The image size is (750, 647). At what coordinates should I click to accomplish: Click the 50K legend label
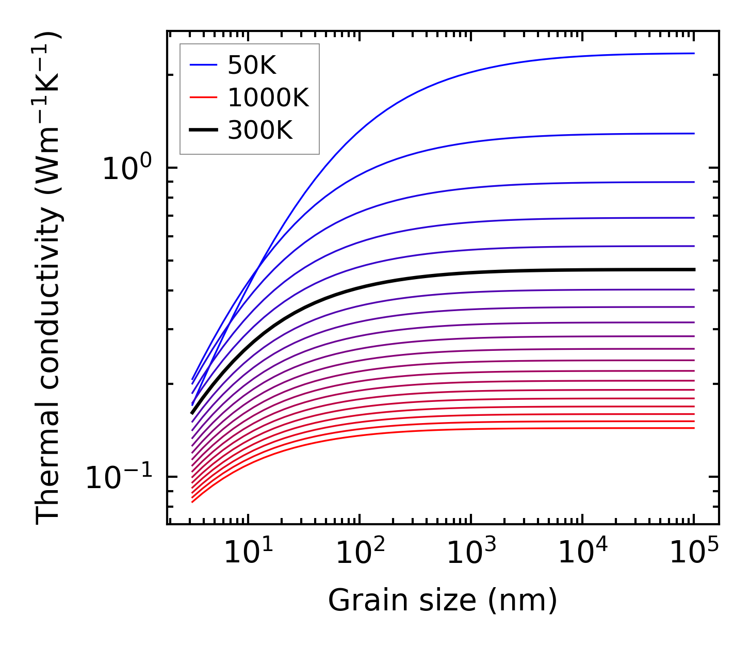click(x=252, y=65)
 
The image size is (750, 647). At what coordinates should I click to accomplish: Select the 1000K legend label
click(x=268, y=98)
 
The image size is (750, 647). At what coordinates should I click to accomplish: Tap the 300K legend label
click(x=259, y=131)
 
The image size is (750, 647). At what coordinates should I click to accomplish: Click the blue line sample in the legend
click(x=204, y=65)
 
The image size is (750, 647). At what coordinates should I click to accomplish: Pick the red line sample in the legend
click(x=204, y=98)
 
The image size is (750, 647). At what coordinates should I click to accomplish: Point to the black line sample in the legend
click(x=204, y=131)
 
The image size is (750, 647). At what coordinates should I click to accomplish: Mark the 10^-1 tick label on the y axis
click(x=119, y=477)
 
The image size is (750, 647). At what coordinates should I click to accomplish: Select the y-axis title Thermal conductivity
click(x=50, y=279)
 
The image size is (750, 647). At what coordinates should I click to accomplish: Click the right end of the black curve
click(x=694, y=269)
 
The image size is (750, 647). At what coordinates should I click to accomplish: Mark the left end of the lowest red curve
click(x=192, y=502)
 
